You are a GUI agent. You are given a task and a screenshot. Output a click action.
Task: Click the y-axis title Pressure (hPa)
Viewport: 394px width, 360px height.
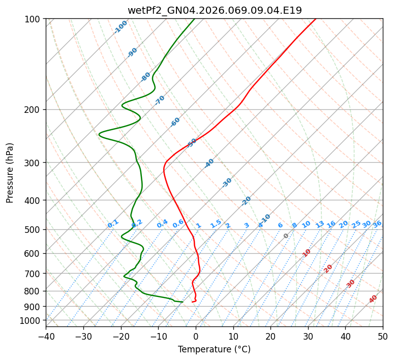(10, 173)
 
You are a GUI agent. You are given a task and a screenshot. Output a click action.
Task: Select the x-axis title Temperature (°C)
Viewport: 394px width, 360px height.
(214, 350)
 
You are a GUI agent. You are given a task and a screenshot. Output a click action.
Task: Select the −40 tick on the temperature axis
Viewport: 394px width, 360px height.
(46, 337)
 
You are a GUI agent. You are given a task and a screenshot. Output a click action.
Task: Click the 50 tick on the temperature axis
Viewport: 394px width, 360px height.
(383, 337)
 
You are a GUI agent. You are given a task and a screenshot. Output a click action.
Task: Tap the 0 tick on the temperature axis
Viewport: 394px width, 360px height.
(196, 337)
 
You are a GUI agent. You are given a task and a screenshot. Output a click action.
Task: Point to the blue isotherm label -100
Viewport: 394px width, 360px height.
(120, 27)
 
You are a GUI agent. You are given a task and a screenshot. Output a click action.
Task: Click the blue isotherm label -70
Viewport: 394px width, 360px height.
(160, 100)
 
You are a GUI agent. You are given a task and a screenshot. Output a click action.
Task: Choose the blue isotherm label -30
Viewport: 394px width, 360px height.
(227, 183)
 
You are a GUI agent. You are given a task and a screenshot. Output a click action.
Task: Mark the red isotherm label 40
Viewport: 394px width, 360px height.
(373, 299)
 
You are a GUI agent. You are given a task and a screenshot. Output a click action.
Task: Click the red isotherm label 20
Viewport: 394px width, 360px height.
(328, 268)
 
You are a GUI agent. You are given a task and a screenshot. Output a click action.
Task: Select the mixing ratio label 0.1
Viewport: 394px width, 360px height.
(113, 224)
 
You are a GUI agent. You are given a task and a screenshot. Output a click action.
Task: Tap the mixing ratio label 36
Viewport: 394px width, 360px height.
(377, 224)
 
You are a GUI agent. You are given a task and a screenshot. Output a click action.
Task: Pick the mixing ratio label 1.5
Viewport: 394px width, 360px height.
(216, 224)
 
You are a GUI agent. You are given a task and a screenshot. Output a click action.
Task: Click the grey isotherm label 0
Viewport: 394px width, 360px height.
(286, 236)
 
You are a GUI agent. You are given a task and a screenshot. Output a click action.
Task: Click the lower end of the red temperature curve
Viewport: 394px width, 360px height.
(192, 302)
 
